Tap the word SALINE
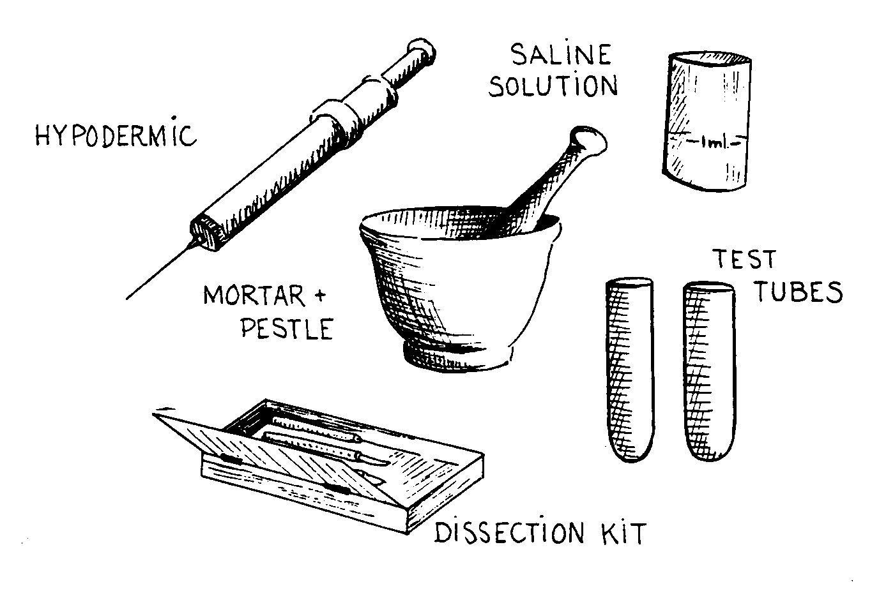pos(561,55)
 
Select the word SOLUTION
pos(553,86)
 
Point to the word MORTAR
pos(254,295)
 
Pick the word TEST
pos(745,259)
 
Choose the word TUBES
pos(799,292)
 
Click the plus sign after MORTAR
pos(321,295)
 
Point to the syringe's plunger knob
pos(422,51)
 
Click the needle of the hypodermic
pos(160,271)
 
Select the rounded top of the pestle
pos(588,140)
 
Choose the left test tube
pos(631,370)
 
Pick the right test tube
pos(709,371)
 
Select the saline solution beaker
pos(707,121)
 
